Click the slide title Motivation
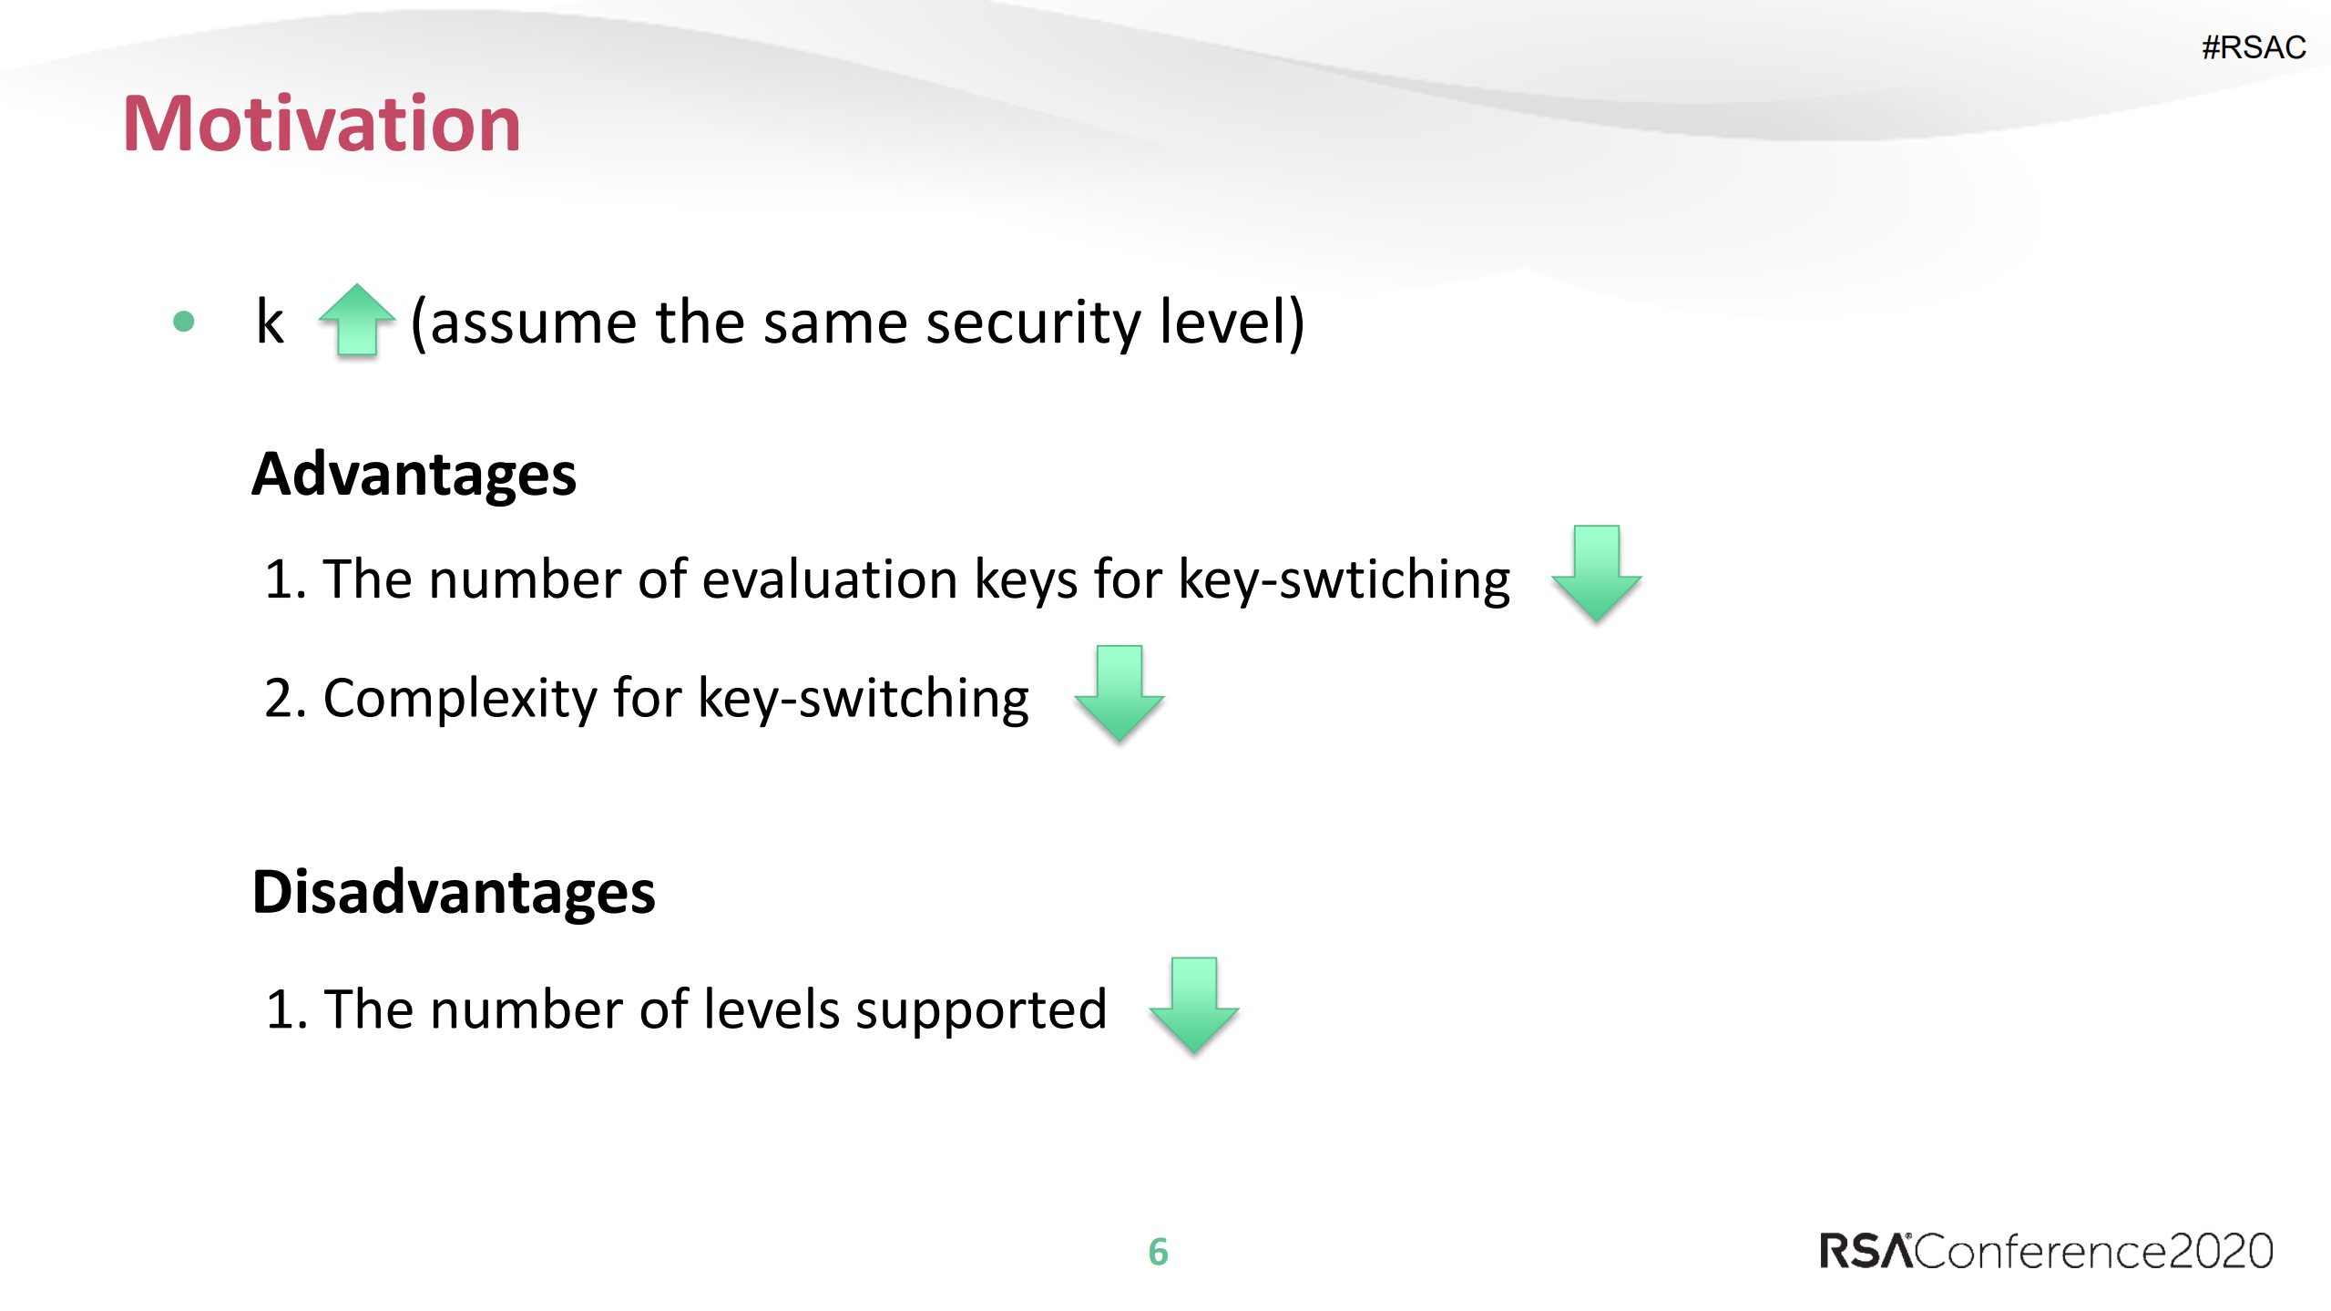click(322, 124)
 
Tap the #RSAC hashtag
click(2253, 47)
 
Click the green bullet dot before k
click(184, 322)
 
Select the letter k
click(270, 323)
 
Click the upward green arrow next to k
click(357, 321)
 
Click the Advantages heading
click(414, 475)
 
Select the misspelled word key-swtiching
click(1344, 580)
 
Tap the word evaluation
click(829, 580)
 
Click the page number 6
click(1158, 1252)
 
